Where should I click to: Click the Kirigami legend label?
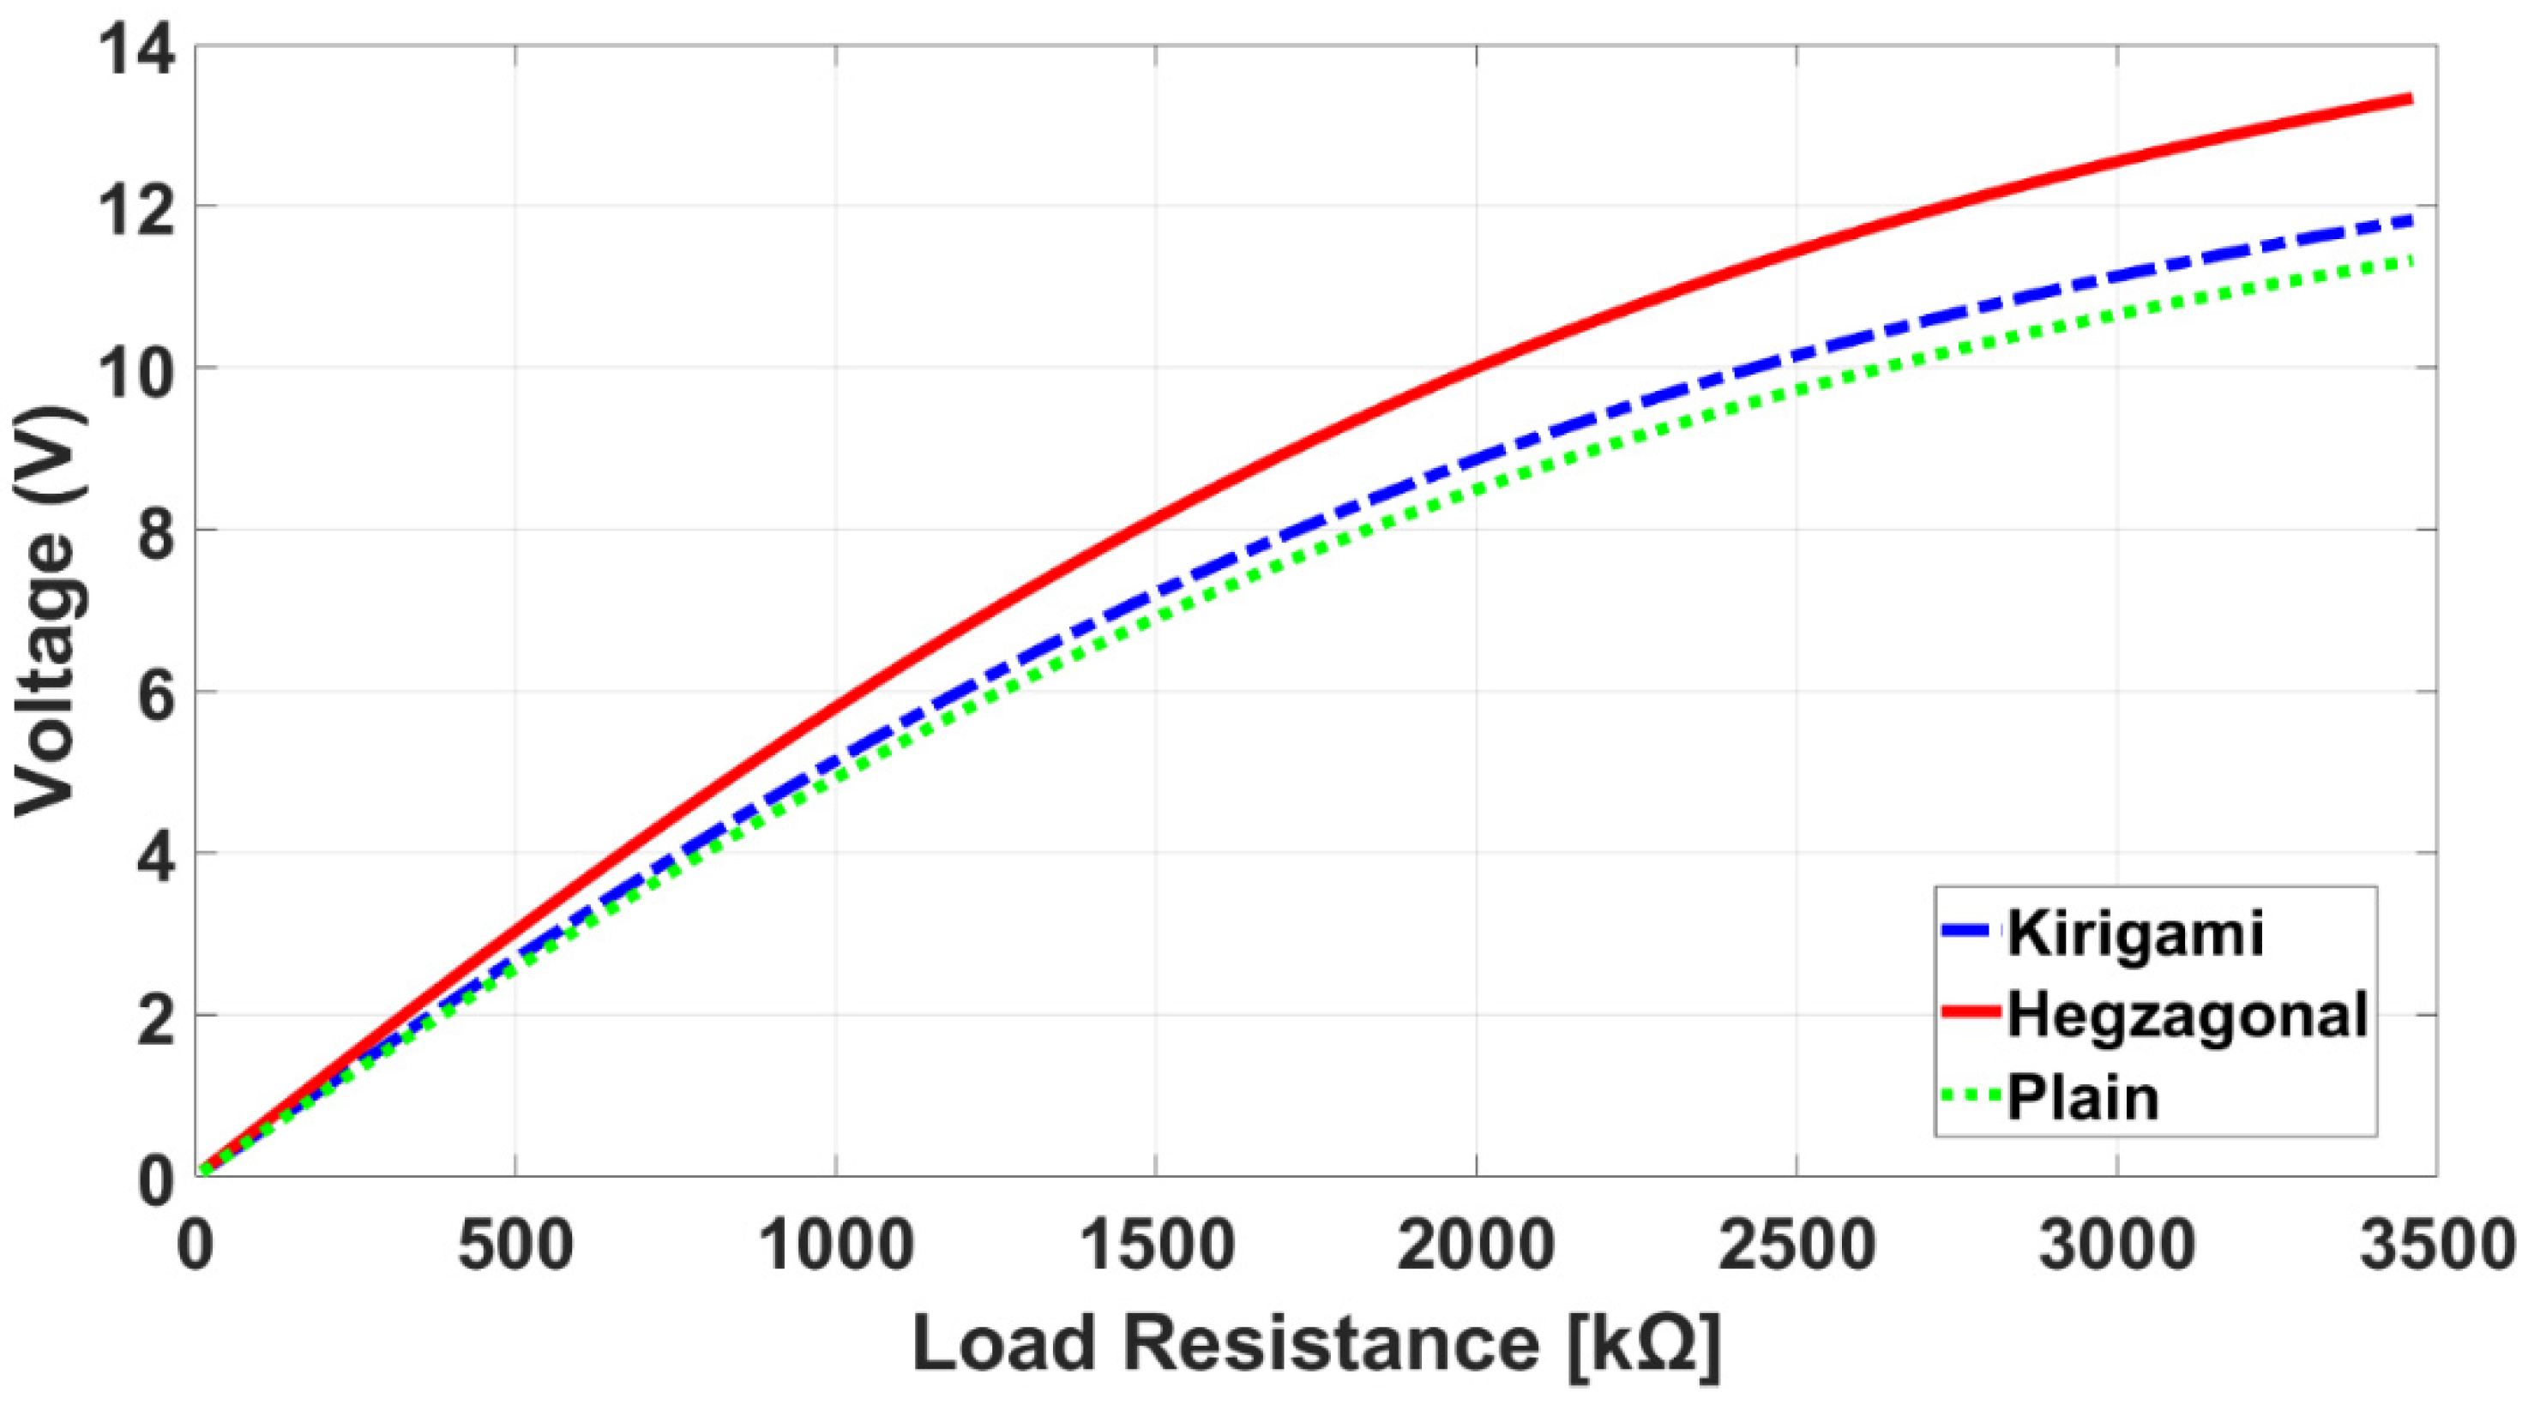2135,933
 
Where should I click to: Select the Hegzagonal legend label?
2188,1015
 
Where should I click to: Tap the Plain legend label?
2082,1097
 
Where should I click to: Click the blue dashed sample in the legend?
1970,931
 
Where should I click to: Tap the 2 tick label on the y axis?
157,1017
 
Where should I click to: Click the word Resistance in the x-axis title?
1331,1344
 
